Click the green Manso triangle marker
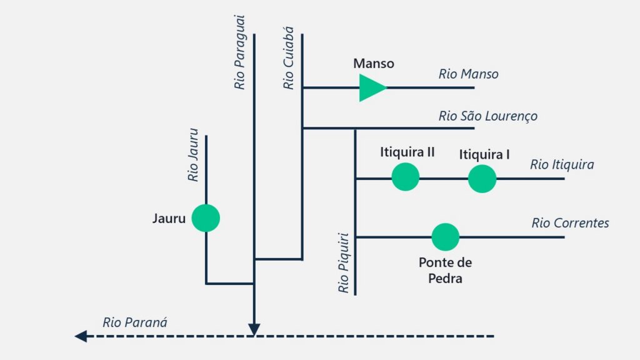371,87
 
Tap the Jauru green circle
206,218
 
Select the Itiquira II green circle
405,177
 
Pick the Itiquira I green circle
482,178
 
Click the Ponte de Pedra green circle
445,237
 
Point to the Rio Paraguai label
239,52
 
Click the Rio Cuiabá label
288,58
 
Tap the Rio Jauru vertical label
192,155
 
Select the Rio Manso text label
469,74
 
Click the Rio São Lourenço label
487,116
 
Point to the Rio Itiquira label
562,164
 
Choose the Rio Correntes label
570,223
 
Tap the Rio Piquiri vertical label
344,263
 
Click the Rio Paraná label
135,322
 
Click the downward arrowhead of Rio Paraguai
254,330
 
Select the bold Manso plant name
374,64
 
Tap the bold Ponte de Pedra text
445,270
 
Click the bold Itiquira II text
407,152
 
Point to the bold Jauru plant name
169,218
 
